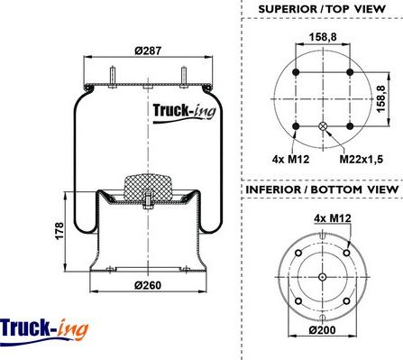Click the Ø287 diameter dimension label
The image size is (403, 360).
pos(148,51)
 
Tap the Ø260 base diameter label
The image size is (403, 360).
pos(148,285)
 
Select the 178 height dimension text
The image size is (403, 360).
pos(60,231)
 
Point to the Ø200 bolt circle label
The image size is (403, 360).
pos(323,330)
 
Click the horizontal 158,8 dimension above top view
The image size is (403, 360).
pos(323,37)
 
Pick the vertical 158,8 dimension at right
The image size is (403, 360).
pos(381,99)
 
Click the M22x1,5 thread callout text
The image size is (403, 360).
pos(362,159)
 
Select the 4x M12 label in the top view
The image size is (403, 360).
pos(290,159)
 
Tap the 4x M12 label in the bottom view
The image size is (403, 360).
pos(333,218)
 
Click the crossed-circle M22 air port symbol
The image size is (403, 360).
pos(323,126)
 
